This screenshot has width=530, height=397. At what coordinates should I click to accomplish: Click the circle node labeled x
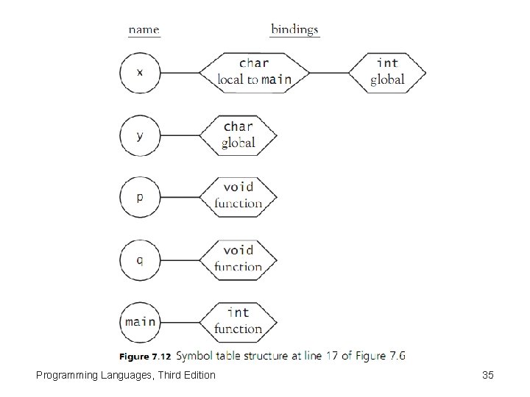tap(141, 73)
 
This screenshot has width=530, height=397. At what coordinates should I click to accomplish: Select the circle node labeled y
tap(141, 135)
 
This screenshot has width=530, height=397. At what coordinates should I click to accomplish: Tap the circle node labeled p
tap(141, 197)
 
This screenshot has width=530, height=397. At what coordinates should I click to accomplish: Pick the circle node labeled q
tap(141, 259)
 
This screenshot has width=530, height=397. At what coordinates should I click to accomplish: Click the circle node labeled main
tap(141, 321)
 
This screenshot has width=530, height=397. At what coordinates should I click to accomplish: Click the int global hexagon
tap(387, 72)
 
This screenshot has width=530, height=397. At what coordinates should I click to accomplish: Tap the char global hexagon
tap(239, 135)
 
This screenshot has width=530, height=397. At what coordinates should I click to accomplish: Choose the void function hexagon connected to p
tap(239, 196)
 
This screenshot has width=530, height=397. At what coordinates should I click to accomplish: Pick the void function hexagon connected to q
tap(239, 259)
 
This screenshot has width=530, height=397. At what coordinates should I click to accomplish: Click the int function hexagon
tap(239, 321)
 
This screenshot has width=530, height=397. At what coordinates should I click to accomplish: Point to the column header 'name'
tap(144, 29)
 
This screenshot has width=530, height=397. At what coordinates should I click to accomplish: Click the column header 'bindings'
tap(294, 29)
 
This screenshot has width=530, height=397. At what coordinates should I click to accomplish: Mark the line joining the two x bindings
tap(328, 73)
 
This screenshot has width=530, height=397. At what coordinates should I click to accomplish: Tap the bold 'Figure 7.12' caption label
tap(145, 357)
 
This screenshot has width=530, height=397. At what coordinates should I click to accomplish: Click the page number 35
tap(487, 376)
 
